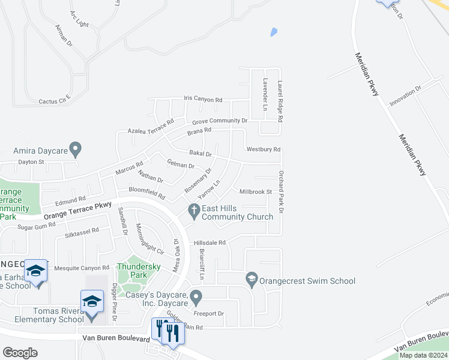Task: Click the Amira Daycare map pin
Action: click(75, 148)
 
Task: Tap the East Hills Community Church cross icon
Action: click(193, 211)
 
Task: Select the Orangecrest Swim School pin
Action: click(252, 279)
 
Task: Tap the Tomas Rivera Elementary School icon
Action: click(92, 301)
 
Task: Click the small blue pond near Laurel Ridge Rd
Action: click(274, 32)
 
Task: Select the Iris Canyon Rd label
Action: click(203, 99)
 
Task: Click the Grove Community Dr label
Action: click(219, 121)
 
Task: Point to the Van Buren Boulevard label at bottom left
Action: click(115, 339)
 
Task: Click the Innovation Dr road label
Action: click(406, 95)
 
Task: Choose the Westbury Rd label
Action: click(264, 149)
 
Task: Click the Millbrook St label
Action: click(256, 192)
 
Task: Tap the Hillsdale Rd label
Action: click(209, 243)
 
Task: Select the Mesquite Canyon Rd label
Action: click(82, 268)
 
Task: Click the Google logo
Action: click(20, 352)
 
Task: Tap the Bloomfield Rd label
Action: click(147, 193)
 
